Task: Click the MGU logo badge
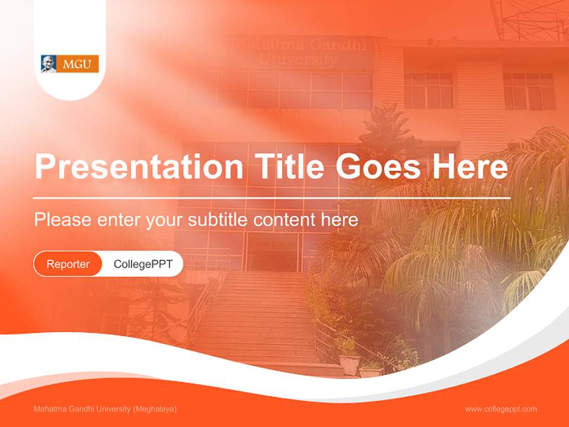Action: coord(70,63)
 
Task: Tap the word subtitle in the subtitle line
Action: coord(219,220)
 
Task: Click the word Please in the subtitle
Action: coord(63,220)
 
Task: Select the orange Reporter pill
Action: coord(68,264)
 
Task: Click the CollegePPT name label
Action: coord(143,264)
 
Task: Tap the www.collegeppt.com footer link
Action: coord(501,409)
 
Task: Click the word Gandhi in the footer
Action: coord(82,409)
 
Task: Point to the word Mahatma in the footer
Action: coord(50,409)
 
